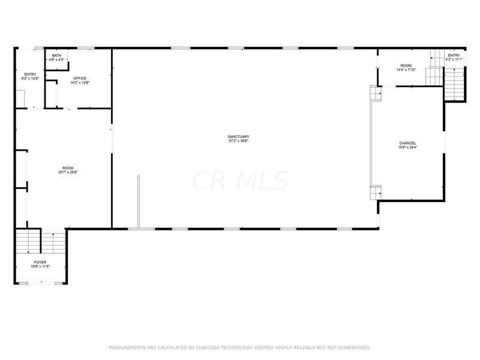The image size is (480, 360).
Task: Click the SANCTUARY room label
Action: pos(238,137)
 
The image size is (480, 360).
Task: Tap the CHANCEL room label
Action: pos(407,143)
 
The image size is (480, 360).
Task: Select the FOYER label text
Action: pos(40,262)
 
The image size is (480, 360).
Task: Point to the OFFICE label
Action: pos(80,78)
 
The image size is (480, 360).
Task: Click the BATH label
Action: pos(56,55)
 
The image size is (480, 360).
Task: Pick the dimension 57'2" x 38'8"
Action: pos(238,141)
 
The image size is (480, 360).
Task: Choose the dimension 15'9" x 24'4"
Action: pos(407,147)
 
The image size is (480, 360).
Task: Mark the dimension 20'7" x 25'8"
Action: pos(68,172)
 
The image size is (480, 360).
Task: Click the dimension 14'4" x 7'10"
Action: pos(406,70)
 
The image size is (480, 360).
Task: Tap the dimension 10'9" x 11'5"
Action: pos(40,266)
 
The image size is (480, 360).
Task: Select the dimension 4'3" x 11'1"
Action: pos(454,59)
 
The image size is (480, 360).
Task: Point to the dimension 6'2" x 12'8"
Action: pos(29,79)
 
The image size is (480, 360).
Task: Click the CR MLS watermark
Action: pos(240,181)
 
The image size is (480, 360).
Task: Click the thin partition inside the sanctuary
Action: pos(139,202)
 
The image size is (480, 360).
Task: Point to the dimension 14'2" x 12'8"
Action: pos(80,82)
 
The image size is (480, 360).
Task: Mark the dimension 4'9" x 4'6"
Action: pos(56,59)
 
